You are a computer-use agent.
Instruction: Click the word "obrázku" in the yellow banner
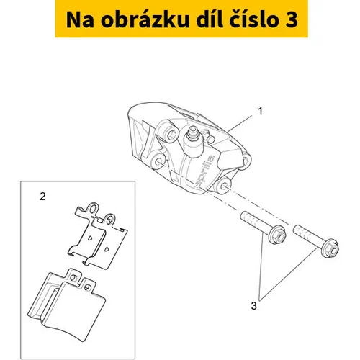coord(145,19)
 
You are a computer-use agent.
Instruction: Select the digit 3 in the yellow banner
coord(292,20)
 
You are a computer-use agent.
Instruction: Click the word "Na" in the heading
coord(80,20)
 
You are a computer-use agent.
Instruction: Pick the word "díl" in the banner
coord(210,19)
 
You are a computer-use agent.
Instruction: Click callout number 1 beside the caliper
coord(260,111)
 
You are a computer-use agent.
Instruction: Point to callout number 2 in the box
coord(42,197)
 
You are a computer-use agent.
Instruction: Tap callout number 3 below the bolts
coord(253,306)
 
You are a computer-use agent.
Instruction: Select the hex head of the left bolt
coord(278,235)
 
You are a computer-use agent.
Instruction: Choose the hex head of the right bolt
coord(330,249)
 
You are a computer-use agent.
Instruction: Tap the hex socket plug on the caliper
coord(171,135)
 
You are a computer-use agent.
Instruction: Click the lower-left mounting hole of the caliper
coord(158,162)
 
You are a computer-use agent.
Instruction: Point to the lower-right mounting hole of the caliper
coord(224,186)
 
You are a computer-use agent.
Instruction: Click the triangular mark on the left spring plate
coord(90,238)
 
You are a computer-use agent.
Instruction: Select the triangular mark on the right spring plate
coord(107,249)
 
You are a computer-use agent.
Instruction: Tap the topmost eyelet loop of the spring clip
coord(94,208)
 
